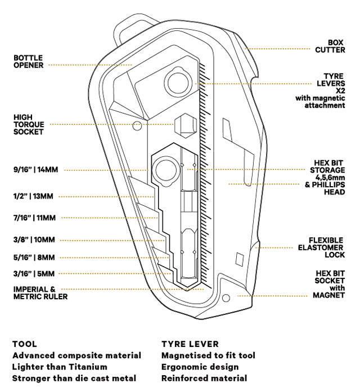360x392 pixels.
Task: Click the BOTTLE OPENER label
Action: pos(28,61)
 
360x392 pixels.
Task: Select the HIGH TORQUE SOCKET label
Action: pos(29,125)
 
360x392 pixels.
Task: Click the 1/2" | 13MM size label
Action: pos(33,196)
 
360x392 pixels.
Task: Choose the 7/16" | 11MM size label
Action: pos(34,218)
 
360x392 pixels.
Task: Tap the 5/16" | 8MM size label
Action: pos(34,258)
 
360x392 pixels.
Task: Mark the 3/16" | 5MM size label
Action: pos(34,274)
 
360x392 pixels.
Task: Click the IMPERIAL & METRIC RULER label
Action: pos(40,293)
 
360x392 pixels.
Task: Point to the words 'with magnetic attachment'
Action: pos(320,102)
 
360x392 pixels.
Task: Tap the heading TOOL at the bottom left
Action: pos(24,344)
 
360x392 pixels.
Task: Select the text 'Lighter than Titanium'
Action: pos(60,367)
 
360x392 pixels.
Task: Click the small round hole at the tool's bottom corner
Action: pos(226,296)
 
